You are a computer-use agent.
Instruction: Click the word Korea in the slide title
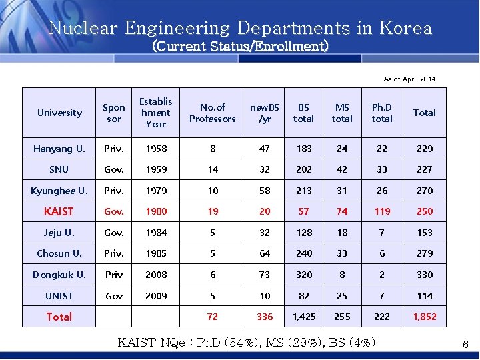point(406,29)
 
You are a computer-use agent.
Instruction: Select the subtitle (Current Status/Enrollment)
point(241,47)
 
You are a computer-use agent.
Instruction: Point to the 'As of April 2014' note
point(409,79)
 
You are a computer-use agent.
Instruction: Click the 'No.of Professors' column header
point(212,113)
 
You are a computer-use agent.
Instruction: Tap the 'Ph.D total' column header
point(382,113)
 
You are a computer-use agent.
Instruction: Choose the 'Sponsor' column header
point(114,113)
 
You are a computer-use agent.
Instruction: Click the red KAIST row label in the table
point(59,211)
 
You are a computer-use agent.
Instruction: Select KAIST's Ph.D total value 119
point(382,211)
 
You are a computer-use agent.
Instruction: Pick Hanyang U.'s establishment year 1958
point(156,149)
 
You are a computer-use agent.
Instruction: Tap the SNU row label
point(59,169)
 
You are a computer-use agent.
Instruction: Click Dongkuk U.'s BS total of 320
point(304,275)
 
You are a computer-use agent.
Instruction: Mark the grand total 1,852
point(425,317)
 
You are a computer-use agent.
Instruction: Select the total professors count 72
point(213,317)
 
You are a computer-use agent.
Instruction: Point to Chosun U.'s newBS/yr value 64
point(265,253)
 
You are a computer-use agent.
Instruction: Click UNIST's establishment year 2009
point(156,296)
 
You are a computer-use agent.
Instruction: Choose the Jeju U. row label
point(59,233)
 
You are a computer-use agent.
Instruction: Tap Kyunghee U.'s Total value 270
point(425,191)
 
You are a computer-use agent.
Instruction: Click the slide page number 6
point(466,344)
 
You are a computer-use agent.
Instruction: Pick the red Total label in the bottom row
point(59,317)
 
